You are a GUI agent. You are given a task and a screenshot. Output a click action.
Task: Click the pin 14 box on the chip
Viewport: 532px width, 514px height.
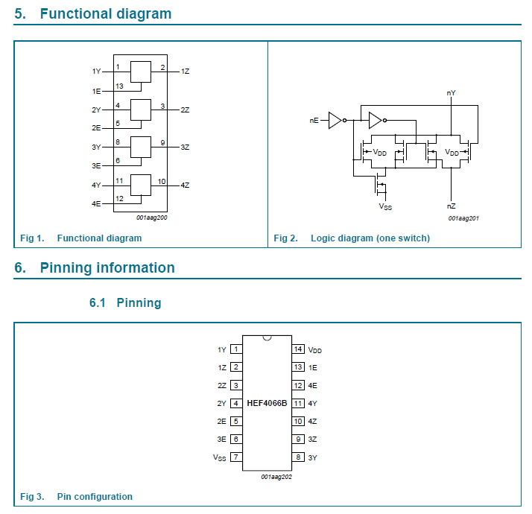tap(298, 349)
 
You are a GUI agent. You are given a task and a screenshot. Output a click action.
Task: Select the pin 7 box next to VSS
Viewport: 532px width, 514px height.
tap(235, 457)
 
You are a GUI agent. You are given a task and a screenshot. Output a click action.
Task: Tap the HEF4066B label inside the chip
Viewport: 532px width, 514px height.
tap(267, 403)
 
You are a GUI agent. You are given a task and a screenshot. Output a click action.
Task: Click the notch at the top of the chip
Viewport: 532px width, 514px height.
tap(267, 338)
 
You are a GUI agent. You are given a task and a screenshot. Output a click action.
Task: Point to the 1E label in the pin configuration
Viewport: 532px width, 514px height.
tap(312, 367)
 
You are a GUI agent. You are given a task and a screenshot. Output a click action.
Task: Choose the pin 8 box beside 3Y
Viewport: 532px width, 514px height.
tap(298, 457)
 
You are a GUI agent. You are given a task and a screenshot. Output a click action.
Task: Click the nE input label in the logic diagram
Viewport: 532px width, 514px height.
tap(314, 121)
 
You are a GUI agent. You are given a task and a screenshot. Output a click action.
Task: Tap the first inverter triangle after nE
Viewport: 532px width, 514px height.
tap(335, 121)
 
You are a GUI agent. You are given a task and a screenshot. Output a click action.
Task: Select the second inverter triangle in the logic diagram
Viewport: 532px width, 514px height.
tap(376, 121)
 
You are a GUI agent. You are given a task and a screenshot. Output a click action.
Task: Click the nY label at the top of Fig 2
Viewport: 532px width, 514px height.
tap(451, 92)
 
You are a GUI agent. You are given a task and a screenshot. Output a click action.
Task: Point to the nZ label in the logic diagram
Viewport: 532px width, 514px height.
tap(451, 206)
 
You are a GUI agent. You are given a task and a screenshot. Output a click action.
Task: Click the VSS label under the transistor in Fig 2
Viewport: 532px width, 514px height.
tap(385, 206)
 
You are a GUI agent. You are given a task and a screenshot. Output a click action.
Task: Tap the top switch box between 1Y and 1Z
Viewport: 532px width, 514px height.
tap(141, 72)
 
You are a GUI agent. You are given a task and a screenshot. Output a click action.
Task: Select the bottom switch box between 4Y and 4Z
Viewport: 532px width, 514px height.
tap(141, 185)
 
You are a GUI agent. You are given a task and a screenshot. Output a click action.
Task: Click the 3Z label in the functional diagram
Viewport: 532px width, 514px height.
tap(185, 147)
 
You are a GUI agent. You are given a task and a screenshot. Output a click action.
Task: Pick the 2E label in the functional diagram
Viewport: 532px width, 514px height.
tap(96, 128)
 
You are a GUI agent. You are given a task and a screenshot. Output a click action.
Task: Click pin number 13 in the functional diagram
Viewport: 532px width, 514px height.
tap(119, 86)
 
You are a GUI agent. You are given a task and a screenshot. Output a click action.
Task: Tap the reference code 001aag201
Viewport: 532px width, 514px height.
tap(463, 218)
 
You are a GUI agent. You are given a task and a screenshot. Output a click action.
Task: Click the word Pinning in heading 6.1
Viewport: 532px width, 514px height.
tap(139, 302)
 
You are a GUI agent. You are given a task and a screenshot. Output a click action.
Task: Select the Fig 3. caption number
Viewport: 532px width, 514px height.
tap(32, 496)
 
